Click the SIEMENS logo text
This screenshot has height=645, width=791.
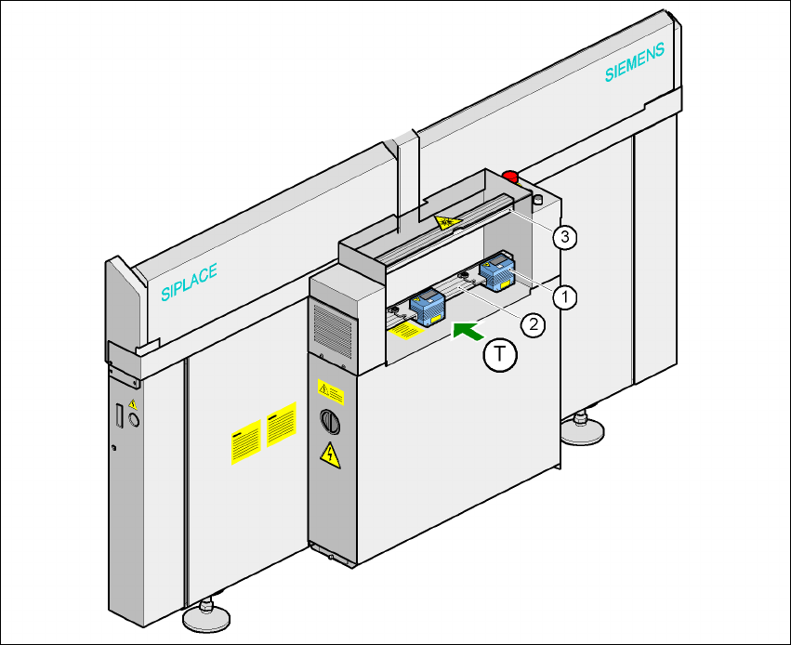coord(635,63)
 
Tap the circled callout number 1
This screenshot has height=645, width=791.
coord(563,296)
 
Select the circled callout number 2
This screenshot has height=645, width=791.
coord(532,324)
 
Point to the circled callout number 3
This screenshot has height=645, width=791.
coord(563,237)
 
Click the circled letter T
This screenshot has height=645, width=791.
coord(501,355)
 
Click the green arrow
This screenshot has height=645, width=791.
coord(468,329)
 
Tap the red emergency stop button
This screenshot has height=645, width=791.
coord(510,175)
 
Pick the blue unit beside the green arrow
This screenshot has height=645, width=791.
coord(428,307)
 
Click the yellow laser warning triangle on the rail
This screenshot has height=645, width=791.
coord(446,221)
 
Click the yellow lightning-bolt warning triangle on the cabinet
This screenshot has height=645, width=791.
coord(328,454)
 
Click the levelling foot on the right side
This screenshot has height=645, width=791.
coord(583,428)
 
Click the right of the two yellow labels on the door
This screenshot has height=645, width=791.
coord(281,425)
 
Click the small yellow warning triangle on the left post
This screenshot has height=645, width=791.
coord(132,404)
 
